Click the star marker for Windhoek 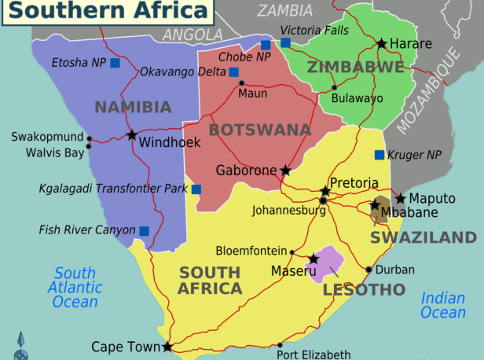(131, 134)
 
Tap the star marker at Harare (382, 43)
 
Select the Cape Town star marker (167, 346)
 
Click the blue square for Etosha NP (115, 63)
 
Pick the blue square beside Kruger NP (379, 155)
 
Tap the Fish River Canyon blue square (145, 230)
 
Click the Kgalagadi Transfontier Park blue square (196, 189)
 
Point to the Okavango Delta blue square (233, 72)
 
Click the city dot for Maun (241, 83)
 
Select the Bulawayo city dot (334, 87)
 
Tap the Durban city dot (368, 270)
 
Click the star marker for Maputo (400, 198)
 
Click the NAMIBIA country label (133, 107)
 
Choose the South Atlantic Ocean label (75, 287)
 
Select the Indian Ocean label (443, 305)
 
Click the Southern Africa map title (106, 10)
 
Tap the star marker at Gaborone (285, 170)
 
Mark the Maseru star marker (313, 259)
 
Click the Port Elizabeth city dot (280, 344)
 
